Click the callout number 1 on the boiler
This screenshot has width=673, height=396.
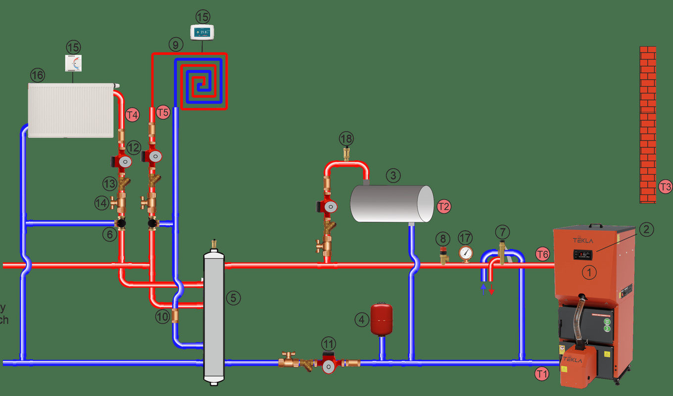588,272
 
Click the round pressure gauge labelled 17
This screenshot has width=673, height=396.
465,253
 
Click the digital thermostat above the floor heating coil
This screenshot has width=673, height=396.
202,33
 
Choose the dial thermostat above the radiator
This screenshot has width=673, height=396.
73,63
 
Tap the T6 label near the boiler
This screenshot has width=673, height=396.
542,254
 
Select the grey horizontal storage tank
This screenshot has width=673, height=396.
391,203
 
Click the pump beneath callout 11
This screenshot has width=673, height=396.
328,362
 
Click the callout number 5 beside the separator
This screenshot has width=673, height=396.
233,297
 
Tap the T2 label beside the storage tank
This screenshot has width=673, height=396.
443,206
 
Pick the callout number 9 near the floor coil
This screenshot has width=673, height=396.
175,45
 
